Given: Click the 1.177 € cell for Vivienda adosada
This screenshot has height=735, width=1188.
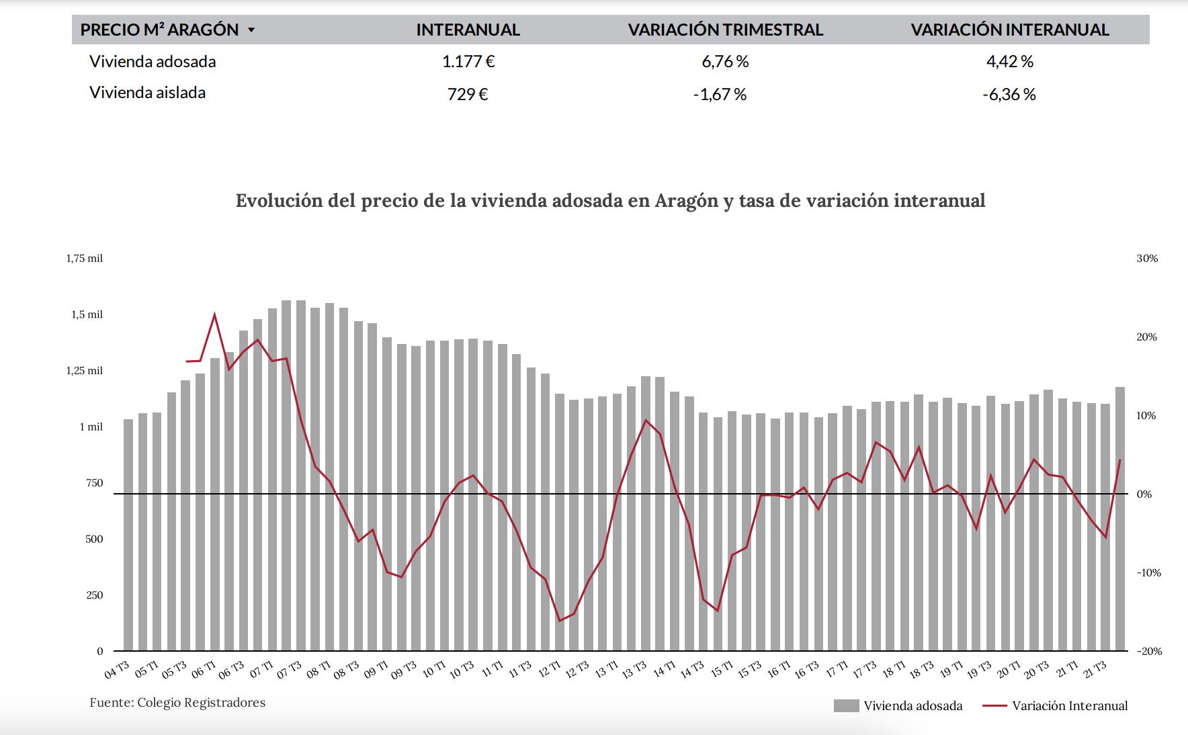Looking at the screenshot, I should [x=468, y=62].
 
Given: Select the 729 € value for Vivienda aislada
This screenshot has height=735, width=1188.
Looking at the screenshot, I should [x=468, y=94].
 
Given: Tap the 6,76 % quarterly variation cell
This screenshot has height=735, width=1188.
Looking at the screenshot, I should [x=725, y=62].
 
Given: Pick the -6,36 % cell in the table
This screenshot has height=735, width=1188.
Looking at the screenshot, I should [x=1009, y=94].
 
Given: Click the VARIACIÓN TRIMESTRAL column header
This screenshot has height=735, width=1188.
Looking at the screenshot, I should [x=725, y=30].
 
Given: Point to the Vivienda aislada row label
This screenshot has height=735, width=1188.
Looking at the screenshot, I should [x=147, y=93].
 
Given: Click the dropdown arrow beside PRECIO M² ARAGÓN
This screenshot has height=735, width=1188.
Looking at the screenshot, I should [x=251, y=30].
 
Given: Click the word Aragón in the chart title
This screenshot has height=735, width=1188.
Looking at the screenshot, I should [x=687, y=201].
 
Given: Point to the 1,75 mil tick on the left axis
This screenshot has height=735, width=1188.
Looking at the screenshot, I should [x=85, y=259].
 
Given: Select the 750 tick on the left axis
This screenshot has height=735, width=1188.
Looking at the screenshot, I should [x=95, y=483].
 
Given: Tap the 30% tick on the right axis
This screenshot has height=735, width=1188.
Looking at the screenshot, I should [x=1147, y=259].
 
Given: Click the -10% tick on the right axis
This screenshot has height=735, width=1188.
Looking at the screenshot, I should [x=1148, y=573].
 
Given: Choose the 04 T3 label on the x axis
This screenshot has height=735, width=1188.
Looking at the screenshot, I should [x=117, y=670].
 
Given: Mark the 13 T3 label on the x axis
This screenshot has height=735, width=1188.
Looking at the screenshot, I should [x=634, y=670].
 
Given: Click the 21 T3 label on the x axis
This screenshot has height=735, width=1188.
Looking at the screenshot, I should [x=1095, y=670].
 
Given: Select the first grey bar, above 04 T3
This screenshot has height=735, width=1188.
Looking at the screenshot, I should [x=128, y=537].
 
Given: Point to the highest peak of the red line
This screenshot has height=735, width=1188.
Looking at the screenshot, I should [x=214, y=314].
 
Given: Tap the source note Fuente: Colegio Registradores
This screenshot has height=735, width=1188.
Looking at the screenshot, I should [x=177, y=703].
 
